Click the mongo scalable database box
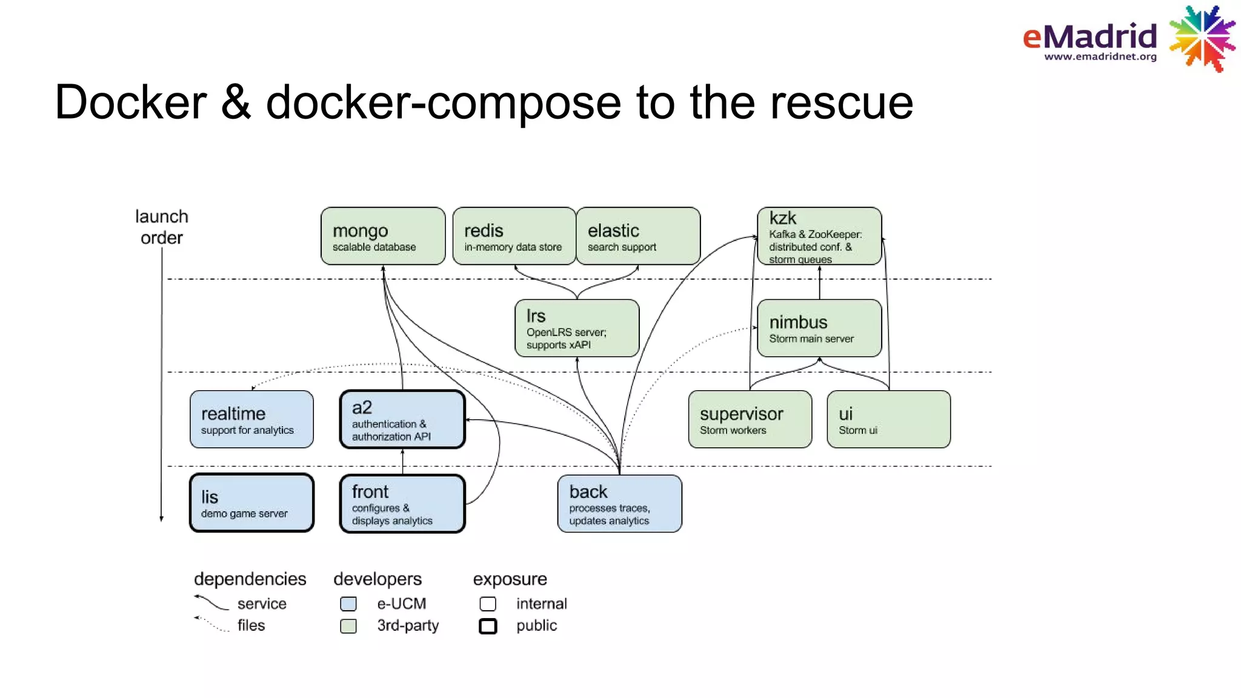pyautogui.click(x=383, y=236)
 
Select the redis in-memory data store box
pyautogui.click(x=514, y=236)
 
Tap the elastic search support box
pyautogui.click(x=638, y=236)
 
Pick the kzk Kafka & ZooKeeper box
pyautogui.click(x=819, y=236)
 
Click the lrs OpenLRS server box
pyautogui.click(x=577, y=328)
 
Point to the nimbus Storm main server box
pyautogui.click(x=819, y=328)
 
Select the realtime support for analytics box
pyautogui.click(x=251, y=420)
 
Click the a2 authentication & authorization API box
pyautogui.click(x=402, y=420)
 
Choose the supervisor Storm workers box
pyautogui.click(x=750, y=420)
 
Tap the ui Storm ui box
pyautogui.click(x=888, y=420)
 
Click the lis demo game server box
pyautogui.click(x=251, y=504)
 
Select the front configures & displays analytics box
pyautogui.click(x=402, y=504)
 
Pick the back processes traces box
pyautogui.click(x=619, y=504)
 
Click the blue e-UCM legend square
pyautogui.click(x=348, y=604)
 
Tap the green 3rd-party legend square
pyautogui.click(x=348, y=626)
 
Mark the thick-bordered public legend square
pyautogui.click(x=488, y=626)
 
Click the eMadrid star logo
pyautogui.click(x=1202, y=38)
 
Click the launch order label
pyautogui.click(x=161, y=227)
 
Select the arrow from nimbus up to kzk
pyautogui.click(x=820, y=282)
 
